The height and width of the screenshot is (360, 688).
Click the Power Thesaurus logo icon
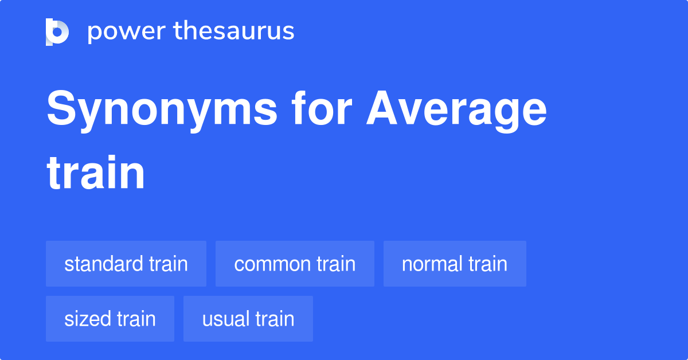(x=57, y=32)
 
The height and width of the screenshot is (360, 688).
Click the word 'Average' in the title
(x=457, y=110)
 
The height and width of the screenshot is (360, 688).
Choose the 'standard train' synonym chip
(x=126, y=264)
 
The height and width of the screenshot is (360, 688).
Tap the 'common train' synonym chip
(x=295, y=264)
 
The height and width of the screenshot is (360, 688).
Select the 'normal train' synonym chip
(x=455, y=264)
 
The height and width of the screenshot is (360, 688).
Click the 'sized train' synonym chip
(x=110, y=319)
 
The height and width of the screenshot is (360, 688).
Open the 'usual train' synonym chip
(x=248, y=319)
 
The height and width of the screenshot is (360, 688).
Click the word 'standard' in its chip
(x=104, y=264)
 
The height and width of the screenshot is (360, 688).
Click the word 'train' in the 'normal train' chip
(x=488, y=264)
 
